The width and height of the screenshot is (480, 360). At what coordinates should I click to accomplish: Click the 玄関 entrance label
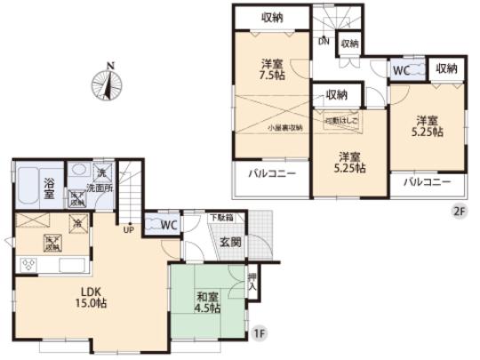click(230, 242)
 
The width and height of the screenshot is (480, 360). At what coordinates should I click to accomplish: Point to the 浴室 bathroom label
click(51, 188)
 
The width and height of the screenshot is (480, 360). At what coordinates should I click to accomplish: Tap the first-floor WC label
click(169, 226)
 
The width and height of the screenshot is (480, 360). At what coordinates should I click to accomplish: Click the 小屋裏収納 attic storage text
click(285, 127)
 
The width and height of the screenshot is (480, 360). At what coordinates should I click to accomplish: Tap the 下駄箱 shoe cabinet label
click(221, 217)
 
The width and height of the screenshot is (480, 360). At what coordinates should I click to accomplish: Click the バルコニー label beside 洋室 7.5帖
click(271, 173)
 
